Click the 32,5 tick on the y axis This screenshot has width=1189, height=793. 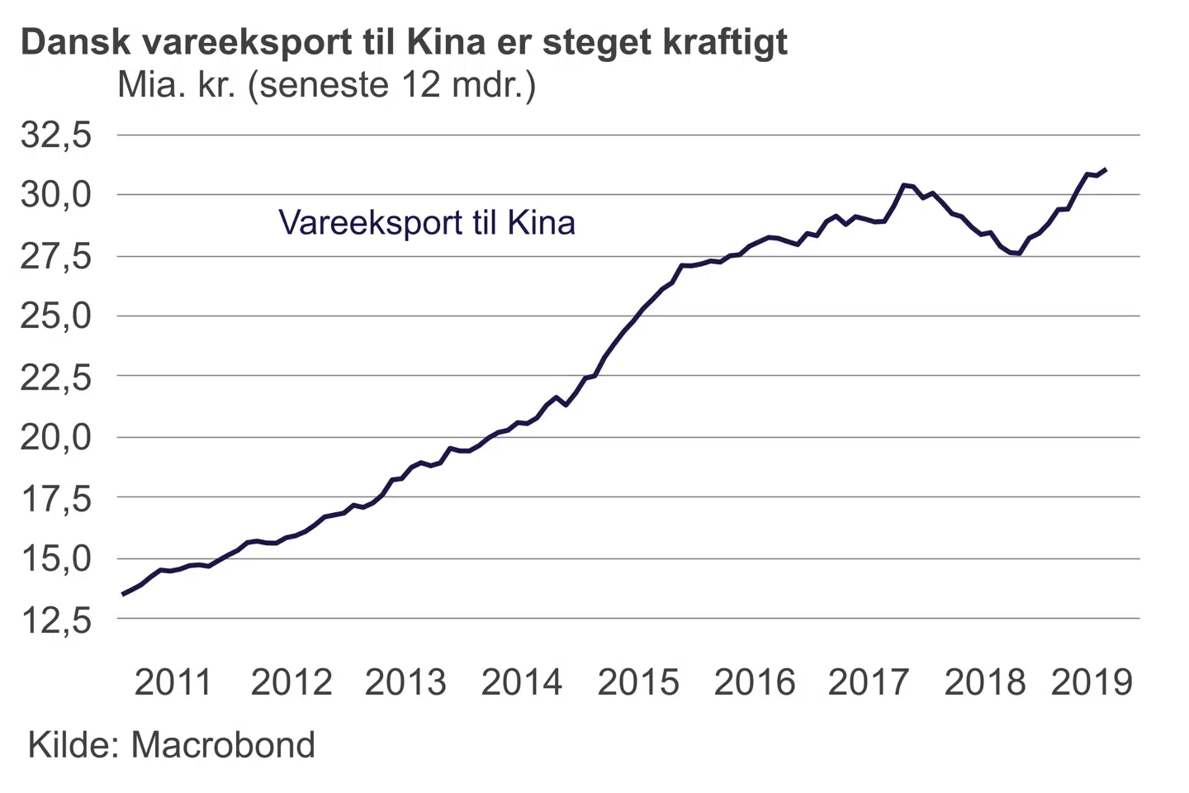(55, 135)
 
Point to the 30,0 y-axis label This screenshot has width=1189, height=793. (55, 196)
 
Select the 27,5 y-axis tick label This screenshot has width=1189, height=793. (55, 257)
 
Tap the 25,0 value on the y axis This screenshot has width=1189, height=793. (55, 316)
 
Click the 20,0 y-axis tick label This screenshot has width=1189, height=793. (55, 437)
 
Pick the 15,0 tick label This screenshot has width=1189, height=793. (55, 559)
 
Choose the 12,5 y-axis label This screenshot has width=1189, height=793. (55, 620)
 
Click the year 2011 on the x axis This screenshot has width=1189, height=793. (173, 683)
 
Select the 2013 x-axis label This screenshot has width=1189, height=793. (405, 683)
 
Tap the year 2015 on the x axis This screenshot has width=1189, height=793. (638, 683)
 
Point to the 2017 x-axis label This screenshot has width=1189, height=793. (868, 683)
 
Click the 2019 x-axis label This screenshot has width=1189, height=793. (1092, 683)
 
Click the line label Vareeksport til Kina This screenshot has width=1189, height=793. (426, 223)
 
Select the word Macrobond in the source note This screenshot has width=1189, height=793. (223, 745)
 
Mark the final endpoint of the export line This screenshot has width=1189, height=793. (1106, 169)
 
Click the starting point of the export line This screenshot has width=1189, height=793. (123, 594)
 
